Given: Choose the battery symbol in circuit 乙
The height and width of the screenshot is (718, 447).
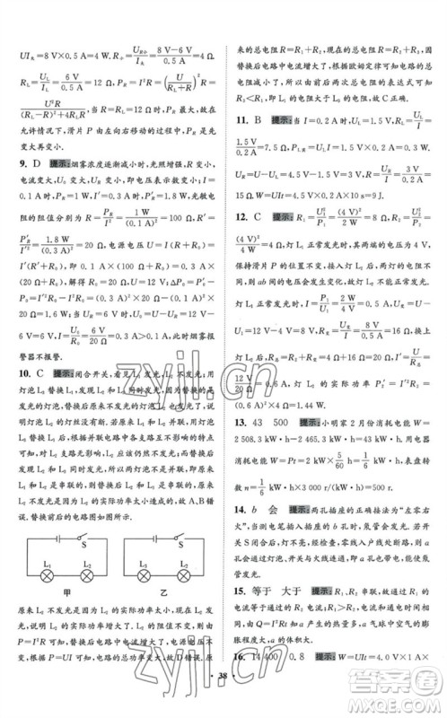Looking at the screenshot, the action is [x=154, y=538].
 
